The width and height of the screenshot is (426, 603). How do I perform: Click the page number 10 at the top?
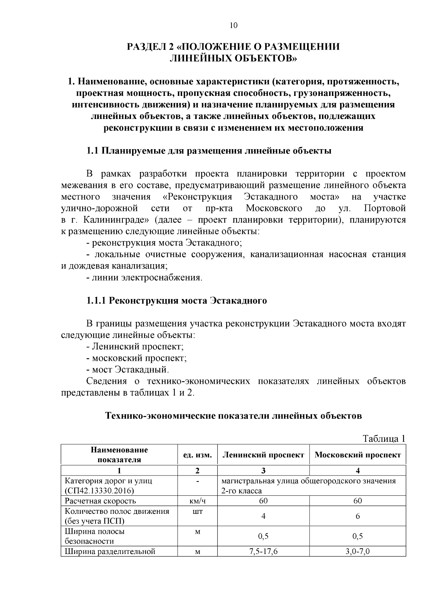click(x=233, y=25)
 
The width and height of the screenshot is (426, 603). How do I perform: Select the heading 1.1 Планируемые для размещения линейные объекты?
click(x=209, y=151)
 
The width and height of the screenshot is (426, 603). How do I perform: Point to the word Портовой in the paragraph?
click(x=385, y=208)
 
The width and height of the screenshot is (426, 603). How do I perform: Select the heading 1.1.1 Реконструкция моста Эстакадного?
click(x=177, y=301)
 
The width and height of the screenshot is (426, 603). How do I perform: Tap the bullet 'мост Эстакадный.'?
click(x=128, y=370)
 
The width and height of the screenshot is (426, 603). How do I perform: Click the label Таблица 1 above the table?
click(x=383, y=439)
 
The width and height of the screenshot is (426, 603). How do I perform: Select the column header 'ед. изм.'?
click(x=197, y=455)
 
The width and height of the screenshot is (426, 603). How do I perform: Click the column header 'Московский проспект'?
click(x=357, y=455)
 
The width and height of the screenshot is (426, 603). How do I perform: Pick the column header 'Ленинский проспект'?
click(x=263, y=455)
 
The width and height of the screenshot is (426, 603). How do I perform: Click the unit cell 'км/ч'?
click(x=197, y=501)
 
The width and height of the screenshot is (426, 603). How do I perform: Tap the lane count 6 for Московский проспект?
click(x=357, y=516)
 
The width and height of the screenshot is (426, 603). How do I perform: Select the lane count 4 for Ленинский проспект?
click(x=263, y=516)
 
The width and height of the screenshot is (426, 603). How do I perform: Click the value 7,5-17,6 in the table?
click(x=263, y=552)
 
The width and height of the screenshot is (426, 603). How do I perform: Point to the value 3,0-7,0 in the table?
click(x=357, y=552)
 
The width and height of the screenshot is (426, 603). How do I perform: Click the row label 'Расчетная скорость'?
click(x=100, y=501)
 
